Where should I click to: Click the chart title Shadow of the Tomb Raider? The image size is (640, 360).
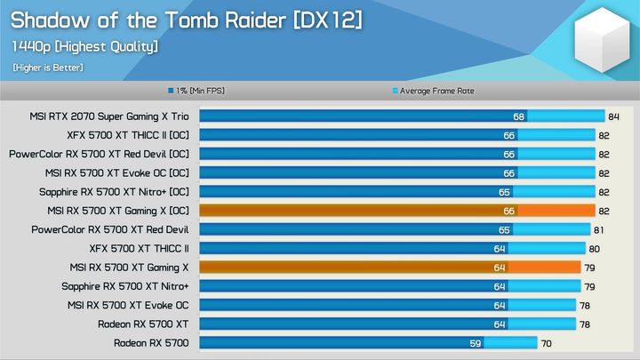[186, 19]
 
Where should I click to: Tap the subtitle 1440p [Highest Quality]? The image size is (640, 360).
[85, 46]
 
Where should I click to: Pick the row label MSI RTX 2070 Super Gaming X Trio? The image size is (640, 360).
[110, 116]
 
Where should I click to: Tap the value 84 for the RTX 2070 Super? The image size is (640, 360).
[613, 116]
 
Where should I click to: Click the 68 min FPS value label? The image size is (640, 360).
[518, 116]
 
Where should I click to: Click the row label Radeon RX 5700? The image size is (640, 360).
[151, 342]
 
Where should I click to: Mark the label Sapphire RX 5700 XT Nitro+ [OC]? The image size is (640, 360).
[114, 192]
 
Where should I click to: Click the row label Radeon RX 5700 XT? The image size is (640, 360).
[143, 324]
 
